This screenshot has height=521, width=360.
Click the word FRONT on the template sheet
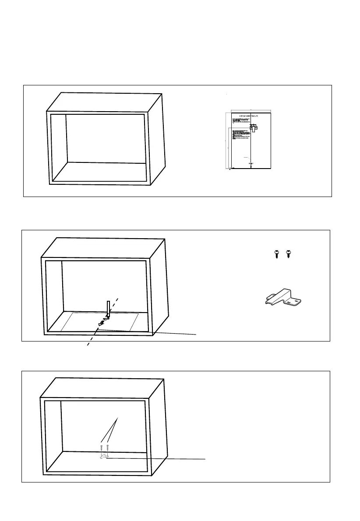[251, 163]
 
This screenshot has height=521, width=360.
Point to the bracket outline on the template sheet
[254, 128]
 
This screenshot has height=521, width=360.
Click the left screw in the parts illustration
[277, 254]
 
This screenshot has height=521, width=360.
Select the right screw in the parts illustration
[288, 254]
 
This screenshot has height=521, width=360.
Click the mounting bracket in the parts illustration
[282, 298]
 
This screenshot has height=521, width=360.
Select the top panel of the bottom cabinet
[103, 387]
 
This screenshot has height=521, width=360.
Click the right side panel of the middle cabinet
[160, 285]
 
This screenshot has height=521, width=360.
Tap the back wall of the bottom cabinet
[103, 425]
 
